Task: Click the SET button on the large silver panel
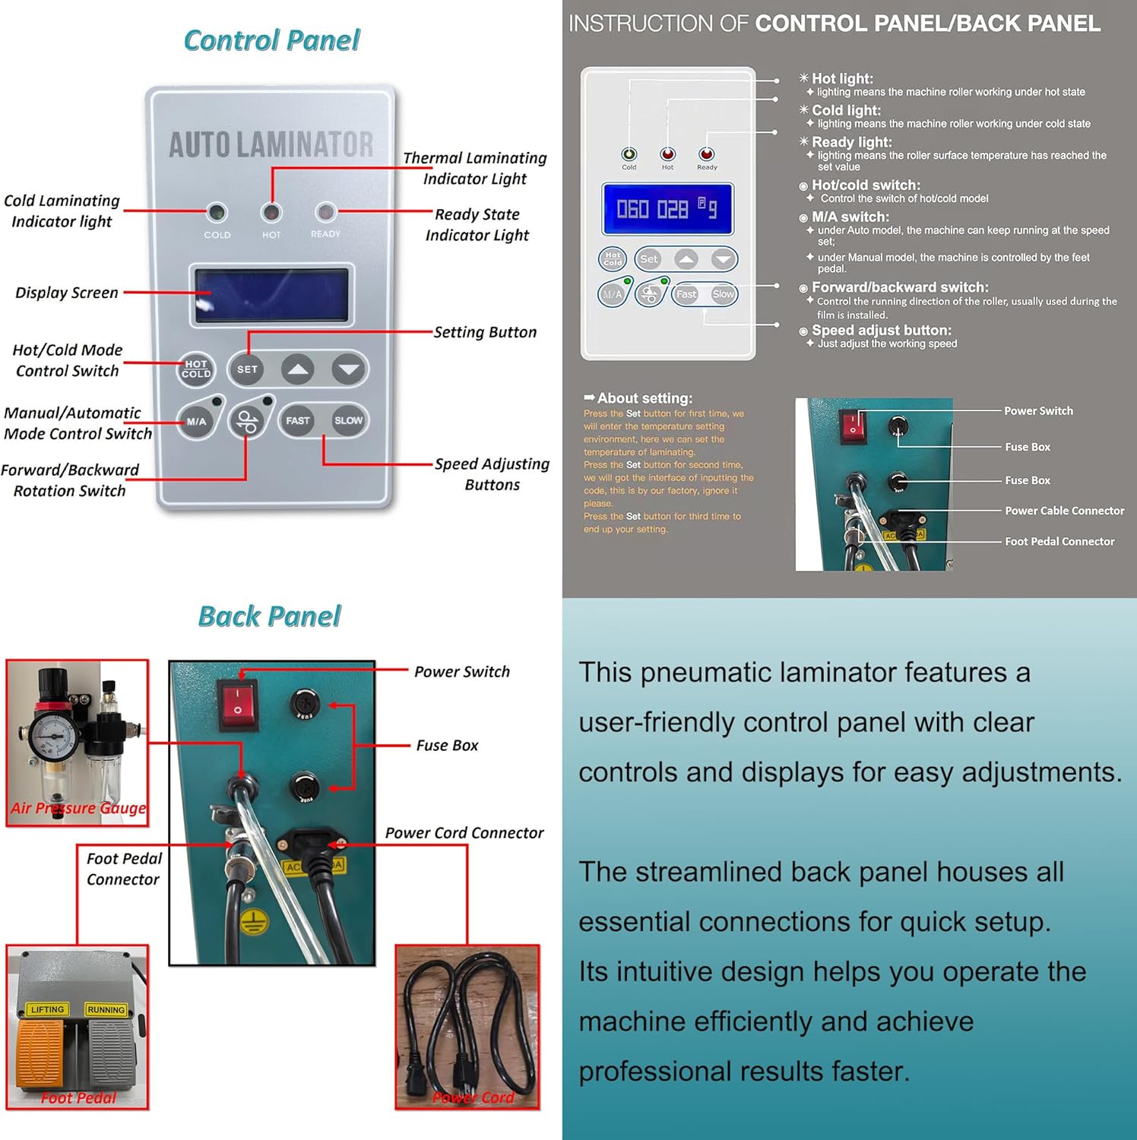click(247, 369)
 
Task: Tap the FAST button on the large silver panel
click(297, 420)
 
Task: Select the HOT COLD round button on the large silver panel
click(196, 369)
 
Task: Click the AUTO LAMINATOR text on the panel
click(271, 144)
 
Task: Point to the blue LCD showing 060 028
click(667, 208)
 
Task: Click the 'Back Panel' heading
click(269, 616)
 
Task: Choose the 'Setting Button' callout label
click(485, 332)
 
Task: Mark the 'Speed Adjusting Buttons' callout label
click(492, 474)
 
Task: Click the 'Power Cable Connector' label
click(1064, 511)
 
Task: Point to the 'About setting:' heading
click(644, 398)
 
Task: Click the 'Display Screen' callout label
click(67, 293)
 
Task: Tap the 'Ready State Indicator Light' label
click(477, 225)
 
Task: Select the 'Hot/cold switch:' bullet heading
click(865, 185)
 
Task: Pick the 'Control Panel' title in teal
click(271, 40)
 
